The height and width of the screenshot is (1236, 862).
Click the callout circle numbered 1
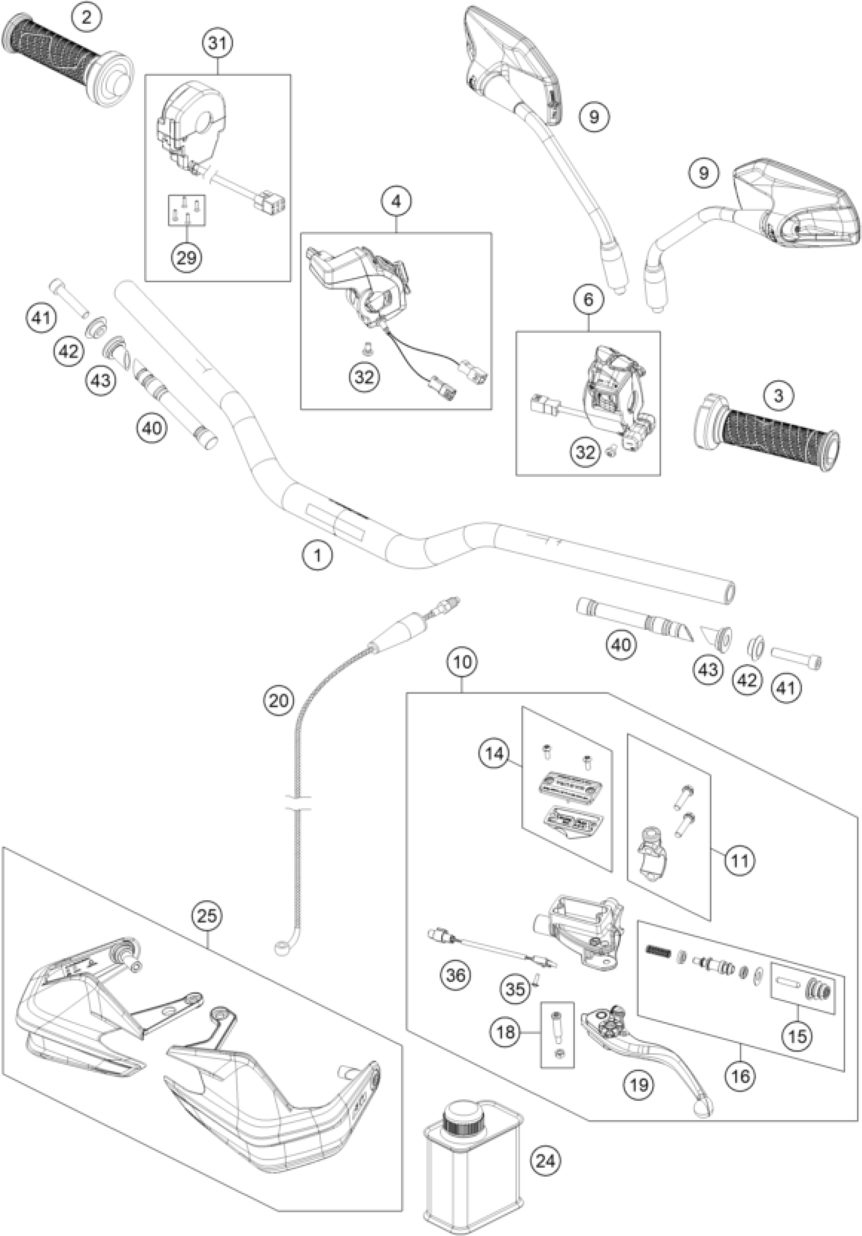[x=317, y=555]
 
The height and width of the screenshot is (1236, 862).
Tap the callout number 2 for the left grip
[x=86, y=17]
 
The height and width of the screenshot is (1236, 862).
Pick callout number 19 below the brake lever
[x=639, y=1084]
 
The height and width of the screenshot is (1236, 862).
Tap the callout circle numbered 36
[x=455, y=974]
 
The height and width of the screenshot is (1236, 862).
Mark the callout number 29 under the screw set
[x=186, y=258]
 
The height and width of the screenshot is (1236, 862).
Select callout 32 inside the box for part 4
[x=364, y=377]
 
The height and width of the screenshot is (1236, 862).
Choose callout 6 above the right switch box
[x=588, y=299]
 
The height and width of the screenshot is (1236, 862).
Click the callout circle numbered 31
[x=218, y=43]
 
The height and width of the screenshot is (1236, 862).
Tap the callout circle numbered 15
[x=798, y=1035]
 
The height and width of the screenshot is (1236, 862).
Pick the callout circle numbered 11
[x=739, y=860]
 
